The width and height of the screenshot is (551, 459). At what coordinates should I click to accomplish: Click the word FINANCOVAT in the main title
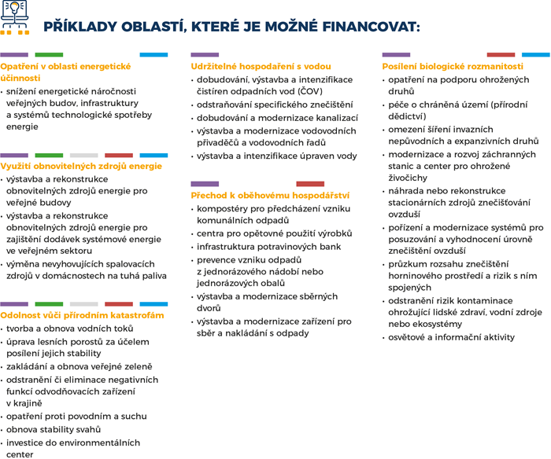coord(371,26)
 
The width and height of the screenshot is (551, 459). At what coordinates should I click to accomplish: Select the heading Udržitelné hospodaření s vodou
coord(261,67)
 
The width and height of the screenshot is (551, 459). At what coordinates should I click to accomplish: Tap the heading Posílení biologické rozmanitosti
coord(453,67)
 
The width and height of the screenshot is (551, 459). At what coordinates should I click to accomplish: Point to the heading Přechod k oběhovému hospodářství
coord(270,195)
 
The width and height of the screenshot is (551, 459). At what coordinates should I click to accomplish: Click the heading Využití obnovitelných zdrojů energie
coord(81,167)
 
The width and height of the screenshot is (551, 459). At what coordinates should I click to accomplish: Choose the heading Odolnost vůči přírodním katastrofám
coord(83,315)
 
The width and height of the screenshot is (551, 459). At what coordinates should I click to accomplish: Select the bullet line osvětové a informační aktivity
coord(451,337)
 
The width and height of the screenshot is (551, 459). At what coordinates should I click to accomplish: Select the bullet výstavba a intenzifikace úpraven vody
coord(276,156)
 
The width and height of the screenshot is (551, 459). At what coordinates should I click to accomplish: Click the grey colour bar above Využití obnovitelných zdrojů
coord(83,155)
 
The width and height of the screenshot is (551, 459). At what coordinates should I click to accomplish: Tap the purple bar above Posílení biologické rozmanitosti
coord(396,55)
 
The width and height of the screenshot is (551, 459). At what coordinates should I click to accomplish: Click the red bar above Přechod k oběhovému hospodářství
coord(309,183)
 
